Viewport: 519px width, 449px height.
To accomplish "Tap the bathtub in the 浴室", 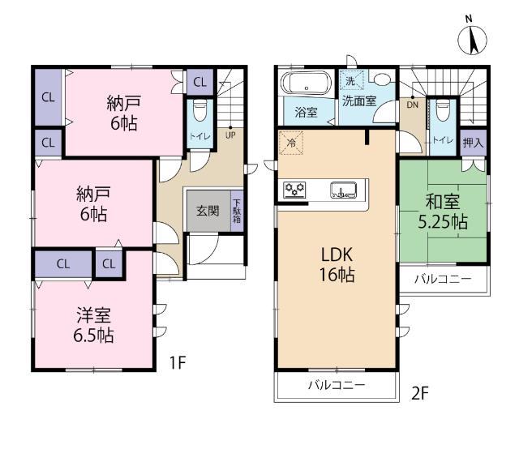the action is [307, 83].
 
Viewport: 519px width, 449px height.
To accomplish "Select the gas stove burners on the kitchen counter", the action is [294, 190].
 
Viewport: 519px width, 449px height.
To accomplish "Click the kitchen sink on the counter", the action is [344, 190].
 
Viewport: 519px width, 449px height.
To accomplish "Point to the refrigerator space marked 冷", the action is [291, 143].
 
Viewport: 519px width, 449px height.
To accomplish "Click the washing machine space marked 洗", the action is [351, 80].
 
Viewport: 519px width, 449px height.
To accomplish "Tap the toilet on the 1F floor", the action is [199, 111].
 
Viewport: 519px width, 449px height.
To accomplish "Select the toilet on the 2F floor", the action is [443, 111].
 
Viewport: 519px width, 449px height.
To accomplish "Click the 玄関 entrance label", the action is [208, 211].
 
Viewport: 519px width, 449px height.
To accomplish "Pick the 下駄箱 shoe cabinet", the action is [237, 211].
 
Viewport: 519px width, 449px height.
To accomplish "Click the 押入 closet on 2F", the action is [474, 143].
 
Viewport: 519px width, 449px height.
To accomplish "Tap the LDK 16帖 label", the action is [337, 264].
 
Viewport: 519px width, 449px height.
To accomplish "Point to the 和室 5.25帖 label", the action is [443, 212].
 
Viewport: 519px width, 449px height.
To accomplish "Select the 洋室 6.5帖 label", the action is [94, 325].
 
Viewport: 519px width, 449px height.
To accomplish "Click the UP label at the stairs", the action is [230, 135].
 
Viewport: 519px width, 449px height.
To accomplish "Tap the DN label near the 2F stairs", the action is [413, 105].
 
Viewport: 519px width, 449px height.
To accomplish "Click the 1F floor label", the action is [178, 362].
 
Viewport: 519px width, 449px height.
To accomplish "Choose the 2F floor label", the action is [420, 393].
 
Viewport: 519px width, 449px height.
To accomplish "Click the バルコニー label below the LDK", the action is [337, 385].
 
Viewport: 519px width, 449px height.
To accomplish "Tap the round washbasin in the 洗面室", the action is [382, 79].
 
